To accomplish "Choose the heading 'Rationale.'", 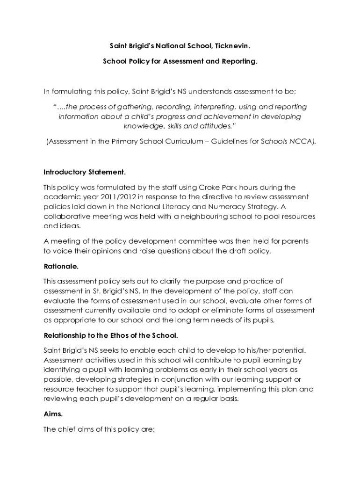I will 61,266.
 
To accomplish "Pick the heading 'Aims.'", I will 53,414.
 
